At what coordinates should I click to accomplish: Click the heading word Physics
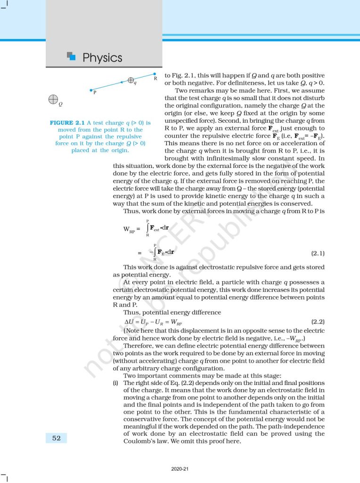pyautogui.click(x=102, y=58)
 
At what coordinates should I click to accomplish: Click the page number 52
pyautogui.click(x=56, y=438)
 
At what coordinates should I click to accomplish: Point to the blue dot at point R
pyautogui.click(x=155, y=74)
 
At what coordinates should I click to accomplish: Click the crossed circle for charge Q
pyautogui.click(x=53, y=99)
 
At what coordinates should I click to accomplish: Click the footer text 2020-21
pyautogui.click(x=180, y=469)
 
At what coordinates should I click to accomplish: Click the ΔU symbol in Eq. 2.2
pyautogui.click(x=129, y=322)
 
